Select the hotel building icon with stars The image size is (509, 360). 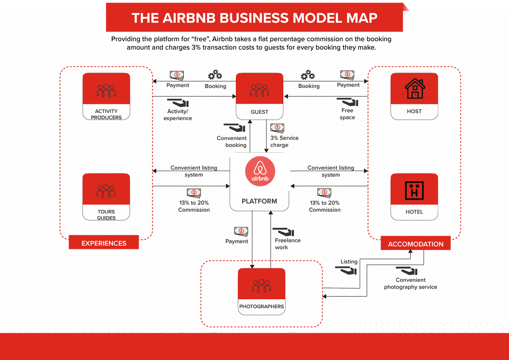[x=414, y=190]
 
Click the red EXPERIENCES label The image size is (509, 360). [x=104, y=243]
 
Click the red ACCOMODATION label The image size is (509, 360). [x=416, y=244]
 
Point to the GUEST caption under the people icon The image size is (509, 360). [x=259, y=112]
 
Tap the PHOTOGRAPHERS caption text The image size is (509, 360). [x=261, y=307]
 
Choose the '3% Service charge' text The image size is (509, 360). [x=284, y=141]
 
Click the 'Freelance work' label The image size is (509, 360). [x=288, y=244]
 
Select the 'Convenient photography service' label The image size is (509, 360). [x=410, y=284]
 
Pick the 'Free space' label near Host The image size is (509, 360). [x=347, y=114]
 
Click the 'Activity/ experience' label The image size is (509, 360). [x=178, y=115]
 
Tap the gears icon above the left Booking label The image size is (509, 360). [x=215, y=76]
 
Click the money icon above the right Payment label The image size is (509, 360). [x=347, y=75]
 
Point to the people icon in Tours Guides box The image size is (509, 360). [x=106, y=191]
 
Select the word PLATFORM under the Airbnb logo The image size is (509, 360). [x=259, y=201]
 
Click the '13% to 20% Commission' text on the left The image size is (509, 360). [x=194, y=206]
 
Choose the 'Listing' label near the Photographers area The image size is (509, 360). [x=349, y=262]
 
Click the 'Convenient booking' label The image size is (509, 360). [x=232, y=141]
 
